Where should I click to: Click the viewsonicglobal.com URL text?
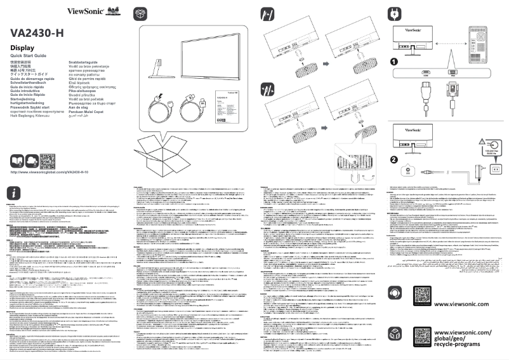(x=49, y=173)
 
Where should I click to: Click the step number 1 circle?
(x=394, y=63)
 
